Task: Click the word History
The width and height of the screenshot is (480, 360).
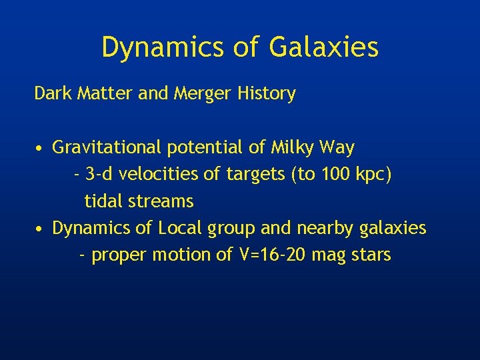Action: click(x=266, y=94)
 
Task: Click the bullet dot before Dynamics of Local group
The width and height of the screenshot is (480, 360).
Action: click(x=41, y=229)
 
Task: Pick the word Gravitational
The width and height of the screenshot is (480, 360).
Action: click(x=109, y=147)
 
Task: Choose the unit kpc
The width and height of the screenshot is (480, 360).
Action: click(x=374, y=175)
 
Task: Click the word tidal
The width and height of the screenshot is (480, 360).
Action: click(x=103, y=201)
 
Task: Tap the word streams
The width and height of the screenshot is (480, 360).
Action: click(x=159, y=201)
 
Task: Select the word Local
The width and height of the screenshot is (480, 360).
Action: click(x=181, y=228)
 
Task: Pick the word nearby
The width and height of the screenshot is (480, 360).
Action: click(x=323, y=228)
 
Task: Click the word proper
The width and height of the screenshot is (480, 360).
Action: click(x=120, y=255)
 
